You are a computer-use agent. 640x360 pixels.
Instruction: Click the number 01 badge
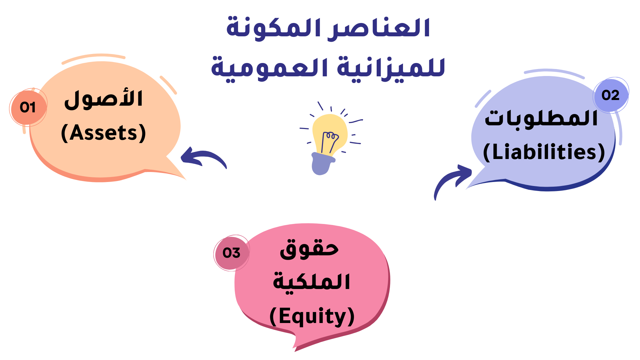point(28,107)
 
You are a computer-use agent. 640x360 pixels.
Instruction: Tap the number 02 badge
point(611,95)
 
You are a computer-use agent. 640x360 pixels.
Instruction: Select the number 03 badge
point(232,253)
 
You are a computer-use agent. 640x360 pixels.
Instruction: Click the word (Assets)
point(104,133)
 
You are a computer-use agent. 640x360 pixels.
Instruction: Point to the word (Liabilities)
point(544,152)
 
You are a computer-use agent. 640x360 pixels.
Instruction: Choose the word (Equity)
point(312,316)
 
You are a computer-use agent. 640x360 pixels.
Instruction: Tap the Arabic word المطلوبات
point(541,119)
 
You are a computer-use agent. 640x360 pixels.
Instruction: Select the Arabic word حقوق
point(309,249)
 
